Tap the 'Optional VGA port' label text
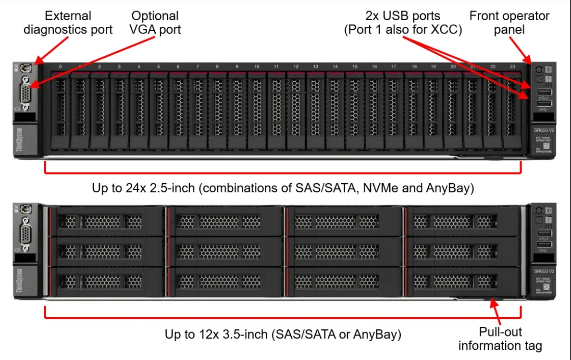tap(155, 23)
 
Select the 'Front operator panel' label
tap(509, 23)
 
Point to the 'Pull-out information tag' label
tap(500, 338)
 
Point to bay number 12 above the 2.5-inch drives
tap(296, 66)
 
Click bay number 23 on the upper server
tap(512, 66)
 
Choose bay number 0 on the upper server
tap(60, 66)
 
